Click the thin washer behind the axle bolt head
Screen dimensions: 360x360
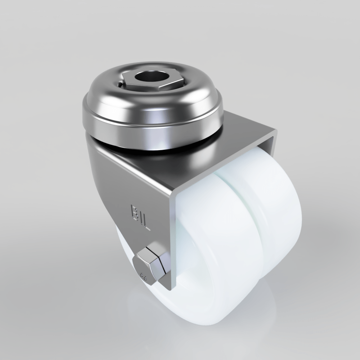[165, 268]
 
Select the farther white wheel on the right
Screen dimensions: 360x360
[281, 223]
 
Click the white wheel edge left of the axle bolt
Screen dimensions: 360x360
[124, 252]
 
